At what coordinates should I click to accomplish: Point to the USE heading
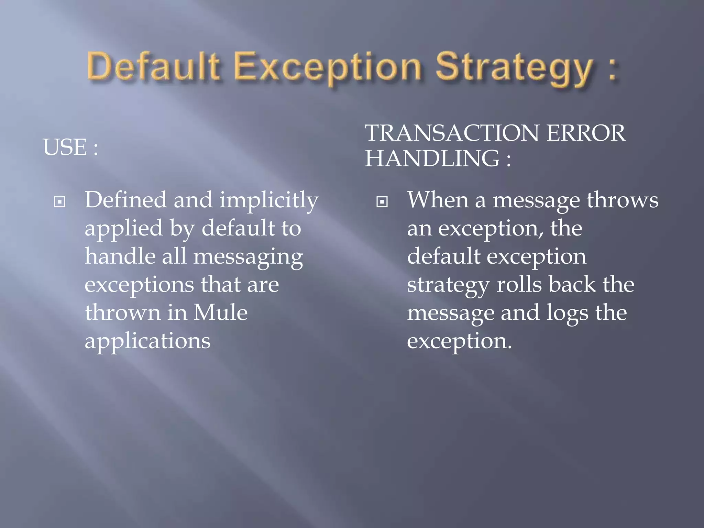coord(70,147)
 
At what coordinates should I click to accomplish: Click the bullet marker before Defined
coord(60,202)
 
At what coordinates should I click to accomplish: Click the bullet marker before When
coord(382,202)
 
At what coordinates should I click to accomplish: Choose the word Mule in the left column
coord(220,312)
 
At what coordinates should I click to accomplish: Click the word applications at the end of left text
coord(147,342)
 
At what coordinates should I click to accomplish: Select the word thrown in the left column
coord(123,312)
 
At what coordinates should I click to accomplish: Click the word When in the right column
coord(438,200)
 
